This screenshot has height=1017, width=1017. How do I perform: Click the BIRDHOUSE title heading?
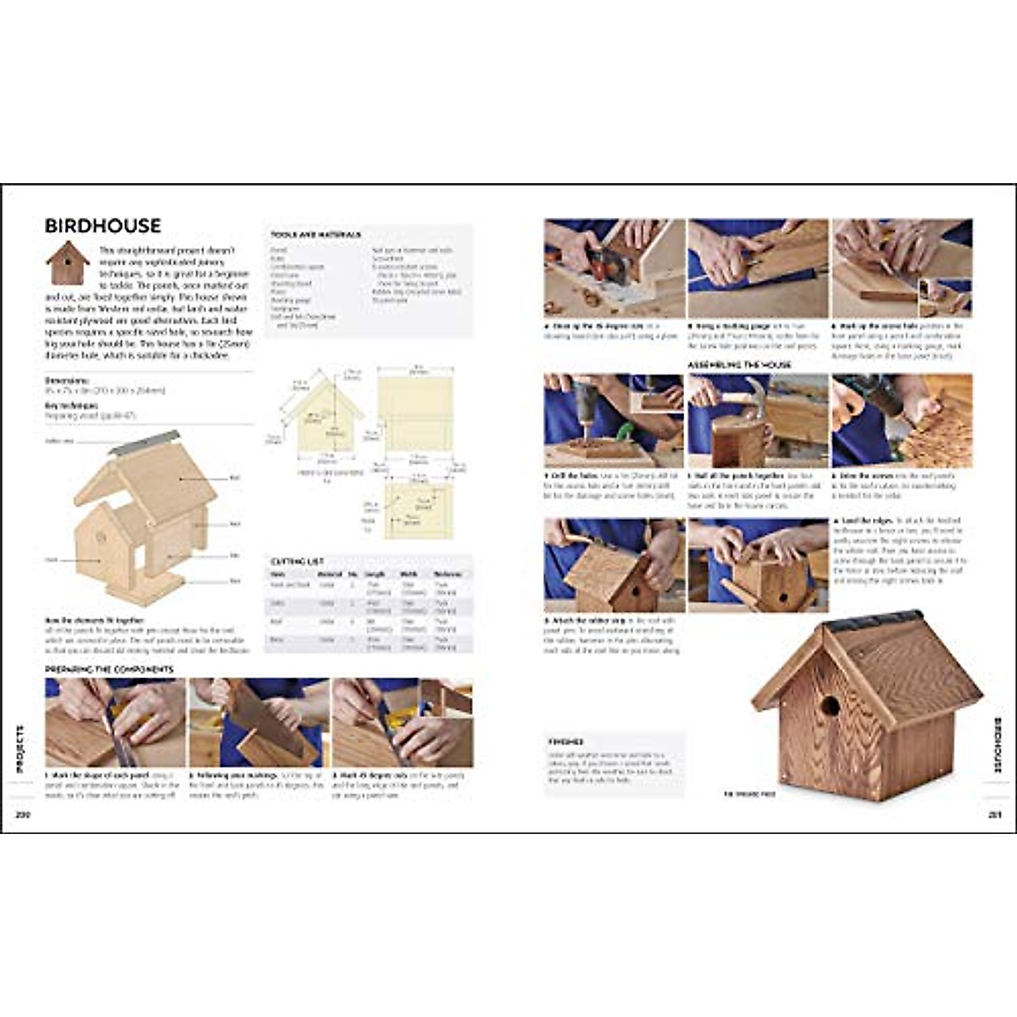(103, 225)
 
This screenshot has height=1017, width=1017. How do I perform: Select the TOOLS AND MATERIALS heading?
(316, 235)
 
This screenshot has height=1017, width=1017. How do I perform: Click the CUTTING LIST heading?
(297, 561)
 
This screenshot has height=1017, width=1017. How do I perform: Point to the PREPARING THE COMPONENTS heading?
(109, 670)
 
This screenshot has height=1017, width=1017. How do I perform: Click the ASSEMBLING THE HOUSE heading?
(738, 364)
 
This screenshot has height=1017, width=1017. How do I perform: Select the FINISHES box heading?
(565, 742)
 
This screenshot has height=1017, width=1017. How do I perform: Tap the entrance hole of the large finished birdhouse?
(829, 706)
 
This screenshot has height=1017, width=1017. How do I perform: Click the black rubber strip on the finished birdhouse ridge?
(873, 620)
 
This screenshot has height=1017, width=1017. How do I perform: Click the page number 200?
(22, 815)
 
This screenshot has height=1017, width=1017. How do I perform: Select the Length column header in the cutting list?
(375, 574)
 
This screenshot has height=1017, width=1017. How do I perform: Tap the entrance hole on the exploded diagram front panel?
(100, 536)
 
